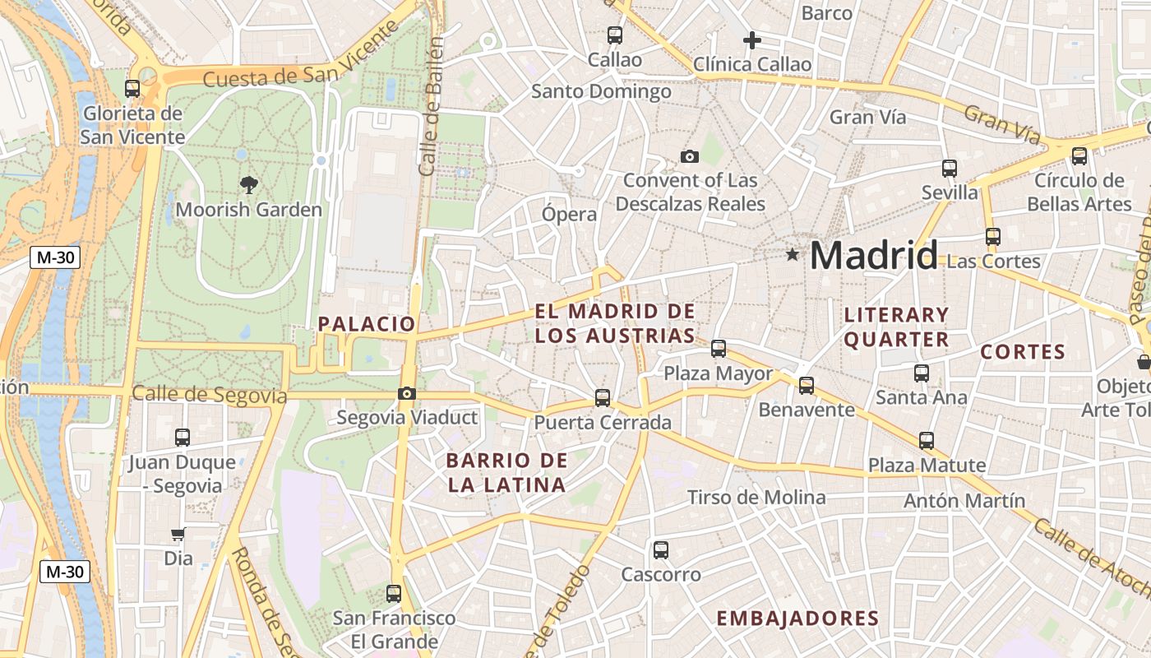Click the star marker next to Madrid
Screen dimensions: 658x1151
[x=793, y=255]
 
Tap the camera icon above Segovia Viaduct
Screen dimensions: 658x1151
[x=406, y=394]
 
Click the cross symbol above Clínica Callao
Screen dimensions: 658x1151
[x=751, y=39]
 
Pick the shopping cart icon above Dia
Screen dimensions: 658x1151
[x=178, y=534]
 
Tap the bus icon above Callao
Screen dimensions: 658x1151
[x=615, y=35]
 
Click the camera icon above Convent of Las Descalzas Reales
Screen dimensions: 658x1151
[x=690, y=156]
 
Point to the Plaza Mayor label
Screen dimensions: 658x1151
[x=718, y=373]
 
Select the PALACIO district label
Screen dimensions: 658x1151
[x=367, y=324]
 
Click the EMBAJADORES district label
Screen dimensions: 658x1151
[x=797, y=619]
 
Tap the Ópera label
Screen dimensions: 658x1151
[x=569, y=215]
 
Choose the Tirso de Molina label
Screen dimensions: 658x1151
[x=756, y=497]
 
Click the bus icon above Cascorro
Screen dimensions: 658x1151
[x=660, y=550]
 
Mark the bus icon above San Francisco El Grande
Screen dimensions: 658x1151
[x=394, y=593]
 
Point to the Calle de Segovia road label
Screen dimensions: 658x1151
[x=210, y=395]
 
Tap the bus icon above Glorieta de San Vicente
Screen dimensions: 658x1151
[x=132, y=89]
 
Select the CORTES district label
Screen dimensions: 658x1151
[x=1023, y=352]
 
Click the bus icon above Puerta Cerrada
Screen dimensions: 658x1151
[x=603, y=398]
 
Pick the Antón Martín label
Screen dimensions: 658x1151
[x=964, y=500]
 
